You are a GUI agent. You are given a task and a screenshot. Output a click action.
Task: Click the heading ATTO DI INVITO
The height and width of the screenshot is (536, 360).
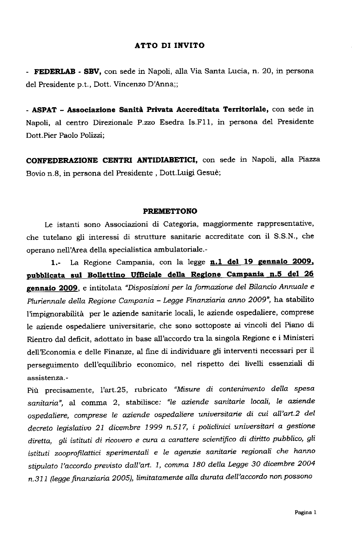tap(169, 46)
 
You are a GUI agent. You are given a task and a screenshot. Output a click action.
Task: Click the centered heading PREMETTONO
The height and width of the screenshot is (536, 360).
tap(170, 211)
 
